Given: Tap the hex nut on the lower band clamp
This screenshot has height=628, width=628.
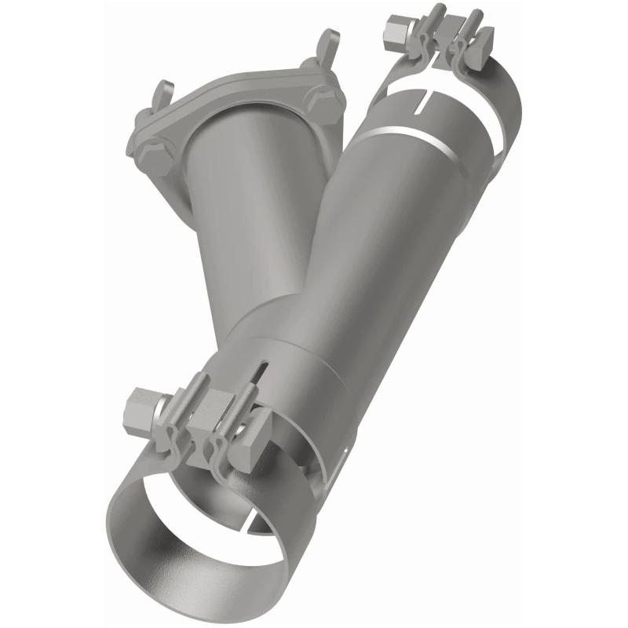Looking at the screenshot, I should (x=142, y=407).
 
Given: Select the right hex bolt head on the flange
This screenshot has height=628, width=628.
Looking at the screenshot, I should (x=323, y=100).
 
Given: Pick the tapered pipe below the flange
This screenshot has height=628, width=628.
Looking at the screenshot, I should (x=228, y=220).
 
